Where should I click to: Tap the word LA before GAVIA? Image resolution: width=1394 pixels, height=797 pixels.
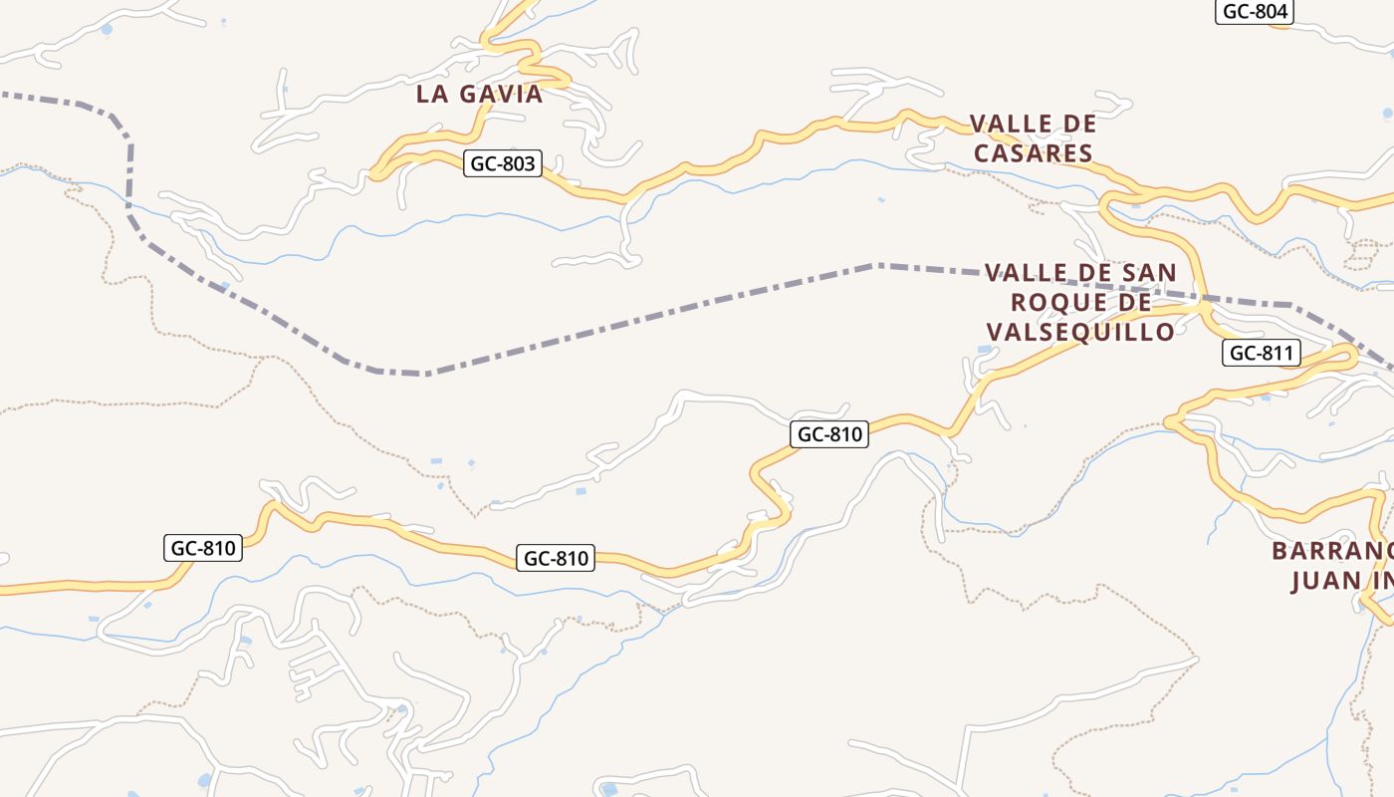pyautogui.click(x=432, y=95)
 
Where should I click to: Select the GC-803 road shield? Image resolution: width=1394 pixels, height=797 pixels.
pyautogui.click(x=503, y=163)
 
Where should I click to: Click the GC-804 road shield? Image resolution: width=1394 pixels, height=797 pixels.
pyautogui.click(x=1255, y=12)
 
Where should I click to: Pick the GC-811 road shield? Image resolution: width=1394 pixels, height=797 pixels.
pyautogui.click(x=1262, y=353)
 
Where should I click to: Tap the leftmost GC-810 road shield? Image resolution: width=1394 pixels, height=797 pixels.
pyautogui.click(x=203, y=548)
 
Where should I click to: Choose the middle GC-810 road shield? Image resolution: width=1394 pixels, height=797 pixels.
pyautogui.click(x=557, y=559)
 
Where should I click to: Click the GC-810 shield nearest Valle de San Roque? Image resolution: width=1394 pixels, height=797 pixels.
pyautogui.click(x=830, y=434)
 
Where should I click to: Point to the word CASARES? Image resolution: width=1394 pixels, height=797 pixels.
pyautogui.click(x=1034, y=153)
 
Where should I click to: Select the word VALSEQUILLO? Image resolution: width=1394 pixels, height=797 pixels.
pyautogui.click(x=1080, y=332)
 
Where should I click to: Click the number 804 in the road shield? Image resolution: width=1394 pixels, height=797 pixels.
pyautogui.click(x=1270, y=12)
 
